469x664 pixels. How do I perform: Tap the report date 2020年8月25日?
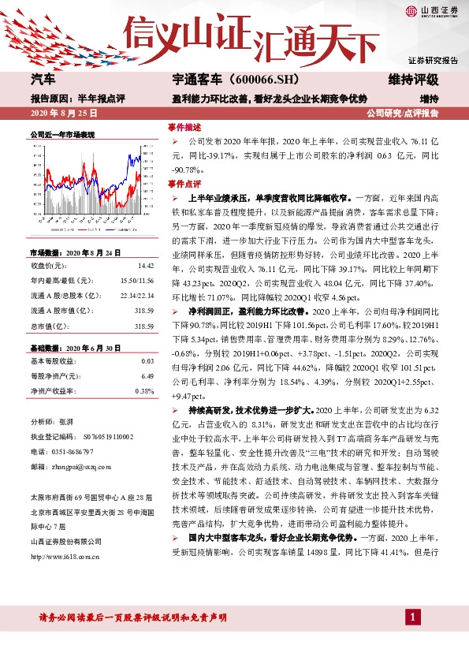click(x=61, y=114)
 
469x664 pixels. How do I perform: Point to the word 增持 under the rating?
click(x=429, y=99)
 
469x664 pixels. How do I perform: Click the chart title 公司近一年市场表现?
click(x=62, y=136)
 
